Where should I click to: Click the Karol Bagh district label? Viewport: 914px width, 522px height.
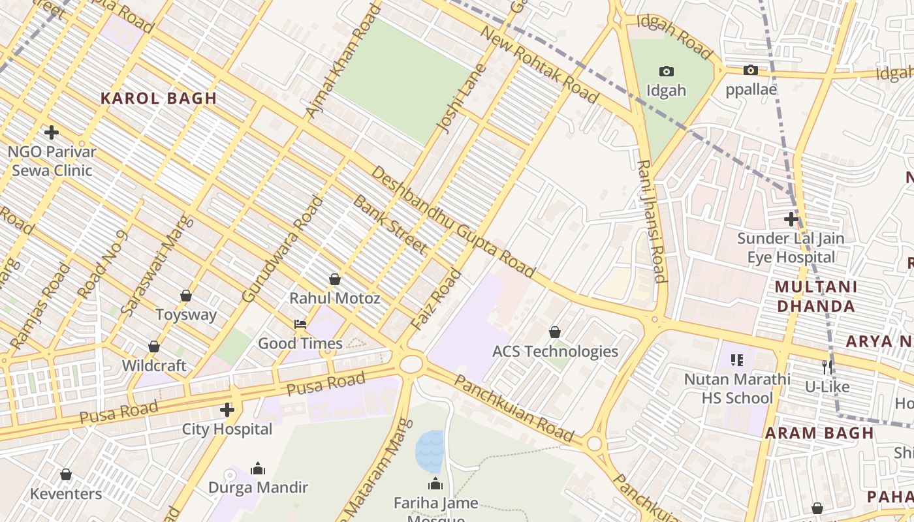(158, 99)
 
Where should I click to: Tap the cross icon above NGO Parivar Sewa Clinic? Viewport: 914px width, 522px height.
(52, 132)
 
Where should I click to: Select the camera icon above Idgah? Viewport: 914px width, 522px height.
(666, 71)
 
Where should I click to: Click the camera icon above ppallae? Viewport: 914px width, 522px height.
(751, 70)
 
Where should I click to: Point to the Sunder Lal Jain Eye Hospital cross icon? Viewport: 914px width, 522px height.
(791, 219)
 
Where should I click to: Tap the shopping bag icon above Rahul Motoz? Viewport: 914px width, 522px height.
(335, 279)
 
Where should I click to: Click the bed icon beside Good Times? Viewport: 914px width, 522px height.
(300, 324)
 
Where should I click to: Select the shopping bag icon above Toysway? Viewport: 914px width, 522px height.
(186, 296)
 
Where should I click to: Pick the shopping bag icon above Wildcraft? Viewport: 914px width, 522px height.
(154, 346)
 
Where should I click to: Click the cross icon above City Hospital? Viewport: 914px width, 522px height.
(227, 410)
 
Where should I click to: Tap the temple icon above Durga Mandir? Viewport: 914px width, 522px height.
(258, 468)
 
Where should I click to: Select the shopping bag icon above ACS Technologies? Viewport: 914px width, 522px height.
(555, 332)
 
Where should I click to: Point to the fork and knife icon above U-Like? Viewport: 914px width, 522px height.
(827, 367)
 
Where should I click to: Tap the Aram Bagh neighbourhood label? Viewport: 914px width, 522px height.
(819, 433)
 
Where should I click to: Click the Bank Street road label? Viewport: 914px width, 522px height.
(390, 224)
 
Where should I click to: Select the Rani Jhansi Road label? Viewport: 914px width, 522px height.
(652, 221)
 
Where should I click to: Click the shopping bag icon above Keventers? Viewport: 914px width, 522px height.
(66, 474)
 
